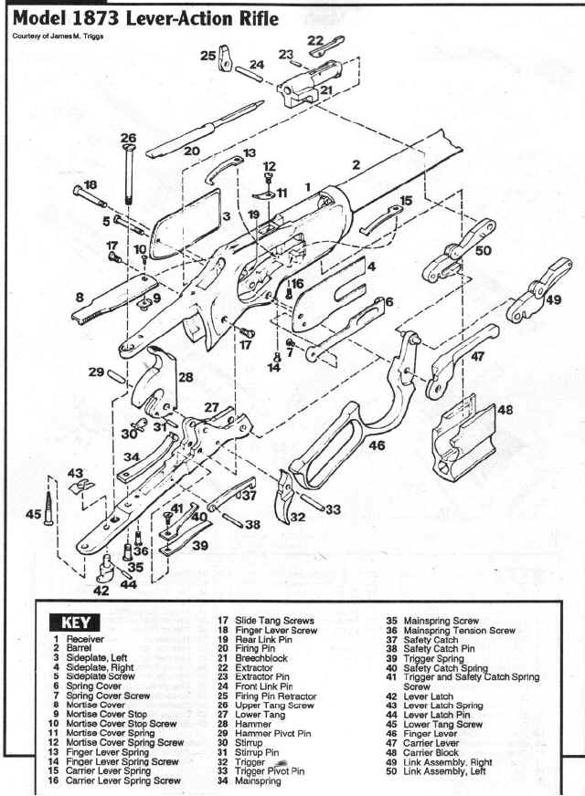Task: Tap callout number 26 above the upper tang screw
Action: coord(128,138)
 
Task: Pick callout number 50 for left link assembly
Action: coord(484,249)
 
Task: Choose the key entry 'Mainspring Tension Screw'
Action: coord(452,630)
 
